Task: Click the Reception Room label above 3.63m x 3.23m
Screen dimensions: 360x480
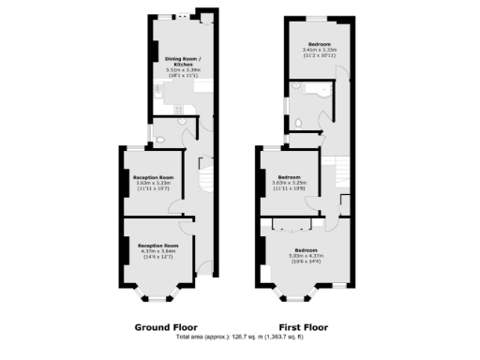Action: pyautogui.click(x=154, y=177)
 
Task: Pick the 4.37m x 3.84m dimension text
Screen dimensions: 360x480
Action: pyautogui.click(x=158, y=250)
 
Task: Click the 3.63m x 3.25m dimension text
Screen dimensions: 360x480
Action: pyautogui.click(x=289, y=183)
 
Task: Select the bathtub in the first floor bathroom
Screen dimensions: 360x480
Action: pyautogui.click(x=306, y=91)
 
